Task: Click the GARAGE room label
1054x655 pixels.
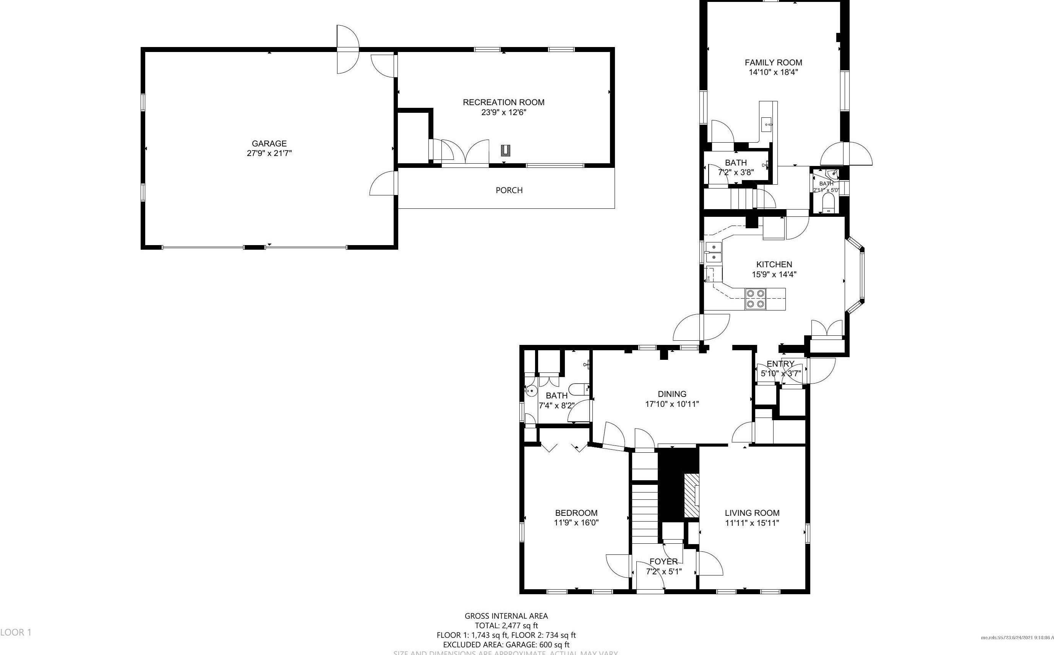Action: click(x=269, y=143)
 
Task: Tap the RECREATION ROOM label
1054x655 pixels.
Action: click(x=503, y=102)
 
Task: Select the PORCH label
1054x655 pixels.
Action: click(x=509, y=190)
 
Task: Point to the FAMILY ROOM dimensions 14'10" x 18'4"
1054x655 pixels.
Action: click(x=773, y=72)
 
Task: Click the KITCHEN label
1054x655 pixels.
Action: click(x=774, y=264)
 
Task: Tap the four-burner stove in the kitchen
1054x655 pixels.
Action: click(x=755, y=299)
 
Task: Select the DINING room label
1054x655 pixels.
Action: click(x=672, y=394)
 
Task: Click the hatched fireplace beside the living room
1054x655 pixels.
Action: click(x=691, y=495)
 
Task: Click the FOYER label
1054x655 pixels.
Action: click(x=663, y=562)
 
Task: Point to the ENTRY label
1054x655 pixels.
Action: click(x=780, y=364)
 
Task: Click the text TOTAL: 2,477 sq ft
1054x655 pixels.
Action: click(x=506, y=625)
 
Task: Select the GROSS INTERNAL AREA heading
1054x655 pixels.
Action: click(x=506, y=616)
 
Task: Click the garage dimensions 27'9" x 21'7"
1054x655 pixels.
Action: click(x=269, y=153)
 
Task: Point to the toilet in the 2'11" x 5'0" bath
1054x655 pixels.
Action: click(x=828, y=203)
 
